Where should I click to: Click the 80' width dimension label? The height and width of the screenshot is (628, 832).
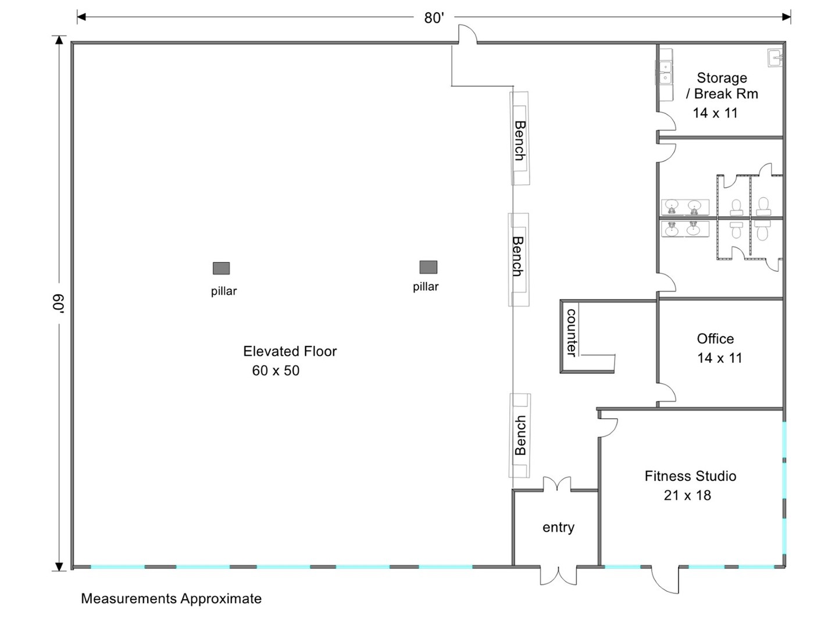point(434,18)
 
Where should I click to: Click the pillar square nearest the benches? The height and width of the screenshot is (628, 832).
point(429,267)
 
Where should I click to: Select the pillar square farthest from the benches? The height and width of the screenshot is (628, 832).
point(221,268)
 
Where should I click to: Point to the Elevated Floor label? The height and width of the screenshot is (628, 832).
point(290,351)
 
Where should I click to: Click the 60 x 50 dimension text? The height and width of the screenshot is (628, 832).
point(276,370)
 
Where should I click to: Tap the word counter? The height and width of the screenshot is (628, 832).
point(571,333)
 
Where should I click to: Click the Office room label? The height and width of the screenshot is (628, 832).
point(715,338)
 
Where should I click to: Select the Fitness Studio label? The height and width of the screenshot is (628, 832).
point(690,476)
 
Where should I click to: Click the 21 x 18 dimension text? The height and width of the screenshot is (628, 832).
point(687,495)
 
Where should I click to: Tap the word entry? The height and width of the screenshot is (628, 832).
point(558,527)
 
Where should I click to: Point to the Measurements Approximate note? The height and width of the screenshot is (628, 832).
point(172,598)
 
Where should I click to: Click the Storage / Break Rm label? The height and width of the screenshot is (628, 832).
point(722,85)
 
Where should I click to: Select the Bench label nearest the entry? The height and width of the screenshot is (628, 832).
point(520,435)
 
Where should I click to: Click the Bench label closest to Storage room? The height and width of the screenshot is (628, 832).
point(519,141)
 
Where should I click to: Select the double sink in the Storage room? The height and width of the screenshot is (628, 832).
point(665,73)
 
